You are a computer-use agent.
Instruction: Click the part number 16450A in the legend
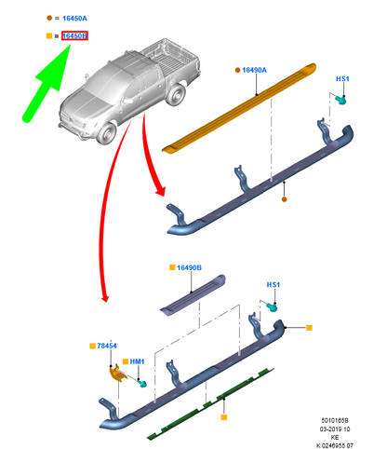click(74, 19)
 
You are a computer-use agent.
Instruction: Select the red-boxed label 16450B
click(74, 36)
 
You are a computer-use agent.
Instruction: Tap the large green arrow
click(47, 83)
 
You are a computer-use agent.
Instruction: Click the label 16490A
click(254, 70)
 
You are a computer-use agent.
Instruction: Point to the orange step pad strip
click(239, 108)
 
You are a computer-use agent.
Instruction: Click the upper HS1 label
click(342, 79)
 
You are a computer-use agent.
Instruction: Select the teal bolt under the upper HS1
click(340, 100)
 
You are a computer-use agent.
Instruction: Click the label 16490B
click(189, 267)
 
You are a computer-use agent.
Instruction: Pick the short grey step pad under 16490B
click(193, 294)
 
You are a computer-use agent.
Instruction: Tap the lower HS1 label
click(274, 285)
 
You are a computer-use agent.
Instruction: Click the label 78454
click(107, 346)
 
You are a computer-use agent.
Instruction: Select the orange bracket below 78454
click(118, 374)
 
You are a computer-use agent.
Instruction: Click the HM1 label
click(137, 361)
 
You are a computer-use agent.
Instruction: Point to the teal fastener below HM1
click(142, 384)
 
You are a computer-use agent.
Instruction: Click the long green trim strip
click(210, 403)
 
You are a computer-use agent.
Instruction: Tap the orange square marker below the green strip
click(224, 417)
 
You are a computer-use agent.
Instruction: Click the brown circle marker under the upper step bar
click(284, 199)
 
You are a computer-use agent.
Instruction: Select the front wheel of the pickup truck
click(106, 133)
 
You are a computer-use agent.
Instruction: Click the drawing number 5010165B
click(335, 420)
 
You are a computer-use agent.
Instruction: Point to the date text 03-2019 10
click(335, 429)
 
